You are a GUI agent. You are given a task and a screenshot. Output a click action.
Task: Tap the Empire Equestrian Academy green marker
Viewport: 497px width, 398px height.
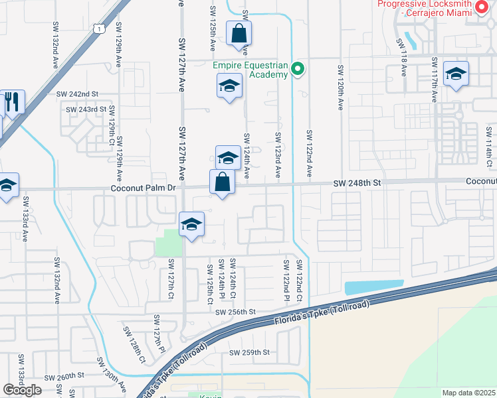click(298, 68)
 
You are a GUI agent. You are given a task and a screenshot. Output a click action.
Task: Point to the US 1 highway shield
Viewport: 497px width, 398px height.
click(98, 29)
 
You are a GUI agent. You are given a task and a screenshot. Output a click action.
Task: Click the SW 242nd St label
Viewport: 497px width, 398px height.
click(77, 94)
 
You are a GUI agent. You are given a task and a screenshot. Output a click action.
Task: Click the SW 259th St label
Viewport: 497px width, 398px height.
click(250, 352)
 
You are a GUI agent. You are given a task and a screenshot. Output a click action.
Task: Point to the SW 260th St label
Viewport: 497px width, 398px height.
click(64, 375)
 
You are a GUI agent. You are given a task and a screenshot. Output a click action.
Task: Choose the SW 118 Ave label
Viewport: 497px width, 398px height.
click(403, 51)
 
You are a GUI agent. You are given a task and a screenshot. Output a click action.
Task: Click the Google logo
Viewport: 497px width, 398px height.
click(23, 390)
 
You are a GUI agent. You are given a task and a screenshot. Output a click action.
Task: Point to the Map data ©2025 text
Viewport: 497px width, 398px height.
click(469, 393)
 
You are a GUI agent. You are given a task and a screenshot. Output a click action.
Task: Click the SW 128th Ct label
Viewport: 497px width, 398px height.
click(134, 345)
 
